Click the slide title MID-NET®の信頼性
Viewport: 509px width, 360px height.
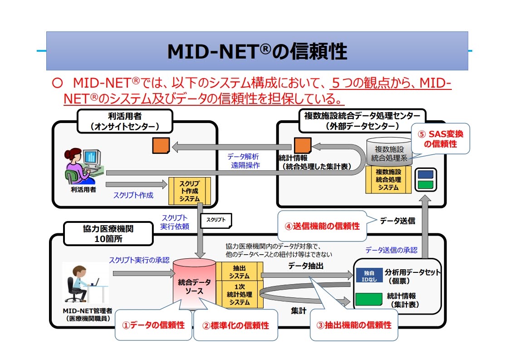pyautogui.click(x=257, y=52)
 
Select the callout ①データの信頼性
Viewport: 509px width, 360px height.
pyautogui.click(x=154, y=325)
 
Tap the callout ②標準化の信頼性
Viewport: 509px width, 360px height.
pyautogui.click(x=235, y=325)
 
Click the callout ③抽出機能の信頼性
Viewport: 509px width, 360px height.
pyautogui.click(x=354, y=325)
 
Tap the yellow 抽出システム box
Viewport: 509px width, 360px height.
pyautogui.click(x=239, y=271)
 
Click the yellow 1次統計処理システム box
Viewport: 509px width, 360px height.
pyautogui.click(x=239, y=295)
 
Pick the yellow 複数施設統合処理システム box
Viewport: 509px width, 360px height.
pyautogui.click(x=388, y=179)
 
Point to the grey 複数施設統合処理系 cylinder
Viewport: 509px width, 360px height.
pyautogui.click(x=389, y=152)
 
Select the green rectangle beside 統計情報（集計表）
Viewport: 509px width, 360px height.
pyautogui.click(x=369, y=299)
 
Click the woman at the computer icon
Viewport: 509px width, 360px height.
pyautogui.click(x=82, y=165)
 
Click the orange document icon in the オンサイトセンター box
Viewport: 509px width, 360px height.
pyautogui.click(x=161, y=145)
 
